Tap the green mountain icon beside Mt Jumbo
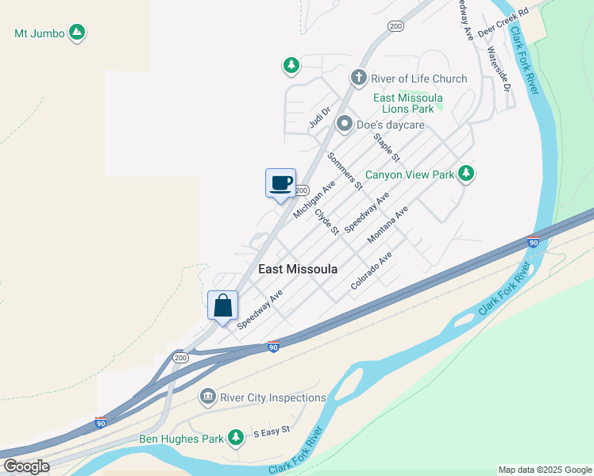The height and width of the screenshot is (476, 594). tap(77, 33)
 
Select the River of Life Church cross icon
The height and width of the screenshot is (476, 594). tap(359, 78)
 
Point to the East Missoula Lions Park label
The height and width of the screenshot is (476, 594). tap(408, 103)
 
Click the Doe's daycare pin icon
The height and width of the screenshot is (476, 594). tap(345, 124)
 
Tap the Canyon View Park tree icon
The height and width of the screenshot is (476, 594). tap(466, 174)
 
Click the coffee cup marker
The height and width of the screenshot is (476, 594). tap(280, 183)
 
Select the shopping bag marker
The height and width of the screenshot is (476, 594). tap(223, 305)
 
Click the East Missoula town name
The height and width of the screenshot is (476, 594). tap(298, 269)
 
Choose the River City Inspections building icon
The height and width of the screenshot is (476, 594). tap(207, 396)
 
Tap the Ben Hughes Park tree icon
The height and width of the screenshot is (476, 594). tap(235, 436)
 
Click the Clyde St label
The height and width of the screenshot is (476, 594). tap(326, 221)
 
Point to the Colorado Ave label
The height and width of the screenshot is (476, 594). tap(372, 270)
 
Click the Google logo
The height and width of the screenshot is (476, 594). tap(25, 466)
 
